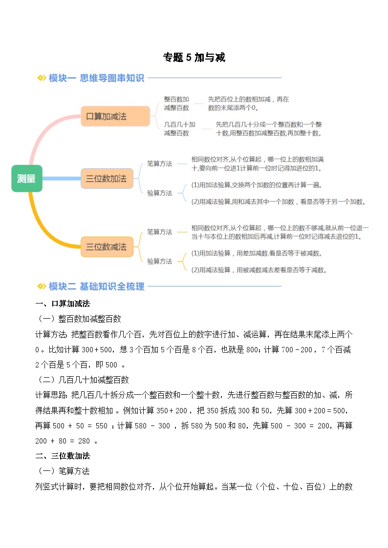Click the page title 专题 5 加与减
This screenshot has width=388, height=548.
coord(194,58)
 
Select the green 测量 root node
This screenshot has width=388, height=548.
coord(27,179)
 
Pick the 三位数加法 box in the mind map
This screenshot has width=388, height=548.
coord(106,179)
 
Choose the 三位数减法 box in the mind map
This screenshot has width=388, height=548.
coord(106,247)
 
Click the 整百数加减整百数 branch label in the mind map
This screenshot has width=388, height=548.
coord(176,103)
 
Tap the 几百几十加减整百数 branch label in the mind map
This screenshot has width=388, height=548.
coord(179,128)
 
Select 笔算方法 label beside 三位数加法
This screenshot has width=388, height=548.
coord(159,164)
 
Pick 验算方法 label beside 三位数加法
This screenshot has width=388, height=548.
coord(159,193)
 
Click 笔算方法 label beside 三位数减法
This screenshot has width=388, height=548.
coord(159,232)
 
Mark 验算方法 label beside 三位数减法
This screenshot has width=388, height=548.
coord(159,261)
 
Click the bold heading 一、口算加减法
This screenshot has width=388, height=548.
coord(63,304)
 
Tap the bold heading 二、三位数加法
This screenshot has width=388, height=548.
coord(63,456)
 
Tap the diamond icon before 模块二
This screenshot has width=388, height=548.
coord(42,286)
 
